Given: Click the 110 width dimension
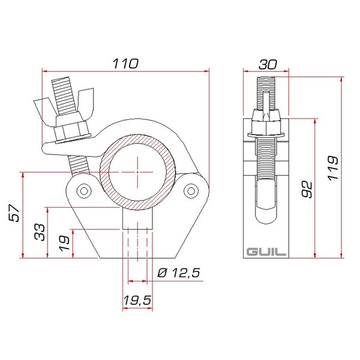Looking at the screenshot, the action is coord(125,64).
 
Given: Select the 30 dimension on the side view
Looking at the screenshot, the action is coord(268,64).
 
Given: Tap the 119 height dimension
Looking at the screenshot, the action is coord(332,168).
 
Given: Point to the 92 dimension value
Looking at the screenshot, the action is coord(307,190).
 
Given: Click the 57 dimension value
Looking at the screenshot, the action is coord(14,213).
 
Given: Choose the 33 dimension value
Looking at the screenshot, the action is coord(40,232).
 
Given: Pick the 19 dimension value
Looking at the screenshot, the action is coord(64,243).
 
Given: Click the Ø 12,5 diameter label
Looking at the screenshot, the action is coord(179,273).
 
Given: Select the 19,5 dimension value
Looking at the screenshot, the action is coord(137,301).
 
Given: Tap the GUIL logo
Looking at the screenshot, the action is coord(266,252).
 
